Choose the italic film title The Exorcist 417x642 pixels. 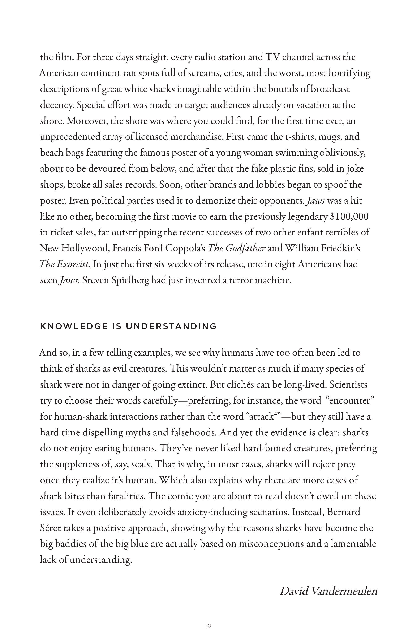coord(64,264)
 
